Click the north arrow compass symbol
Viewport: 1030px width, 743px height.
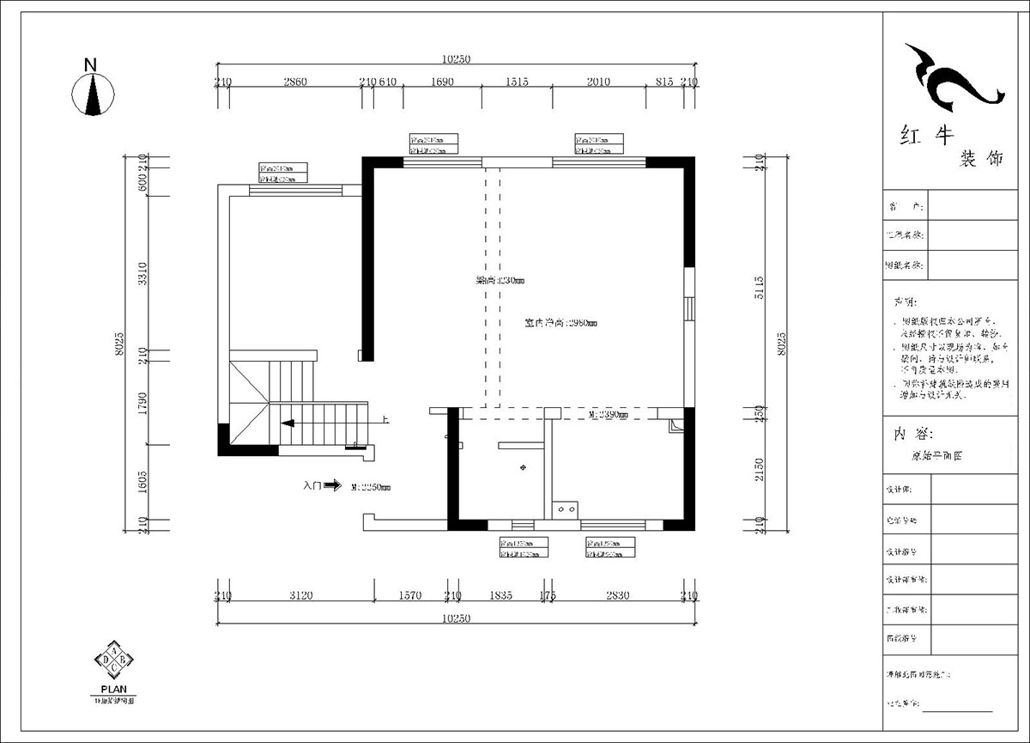(93, 93)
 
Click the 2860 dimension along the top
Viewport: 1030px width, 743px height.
(294, 82)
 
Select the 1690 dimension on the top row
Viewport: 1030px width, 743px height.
(442, 82)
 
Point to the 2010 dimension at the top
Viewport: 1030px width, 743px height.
(598, 82)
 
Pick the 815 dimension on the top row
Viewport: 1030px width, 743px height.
(663, 82)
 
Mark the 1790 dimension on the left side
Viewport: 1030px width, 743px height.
(142, 400)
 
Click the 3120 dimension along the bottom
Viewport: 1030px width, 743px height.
(300, 595)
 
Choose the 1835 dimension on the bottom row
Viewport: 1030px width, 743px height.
(500, 595)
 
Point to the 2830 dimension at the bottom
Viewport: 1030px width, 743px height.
(617, 595)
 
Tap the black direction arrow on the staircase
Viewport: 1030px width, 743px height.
(288, 423)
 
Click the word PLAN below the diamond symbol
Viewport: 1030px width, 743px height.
(113, 689)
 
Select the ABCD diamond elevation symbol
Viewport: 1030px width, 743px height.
(113, 660)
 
